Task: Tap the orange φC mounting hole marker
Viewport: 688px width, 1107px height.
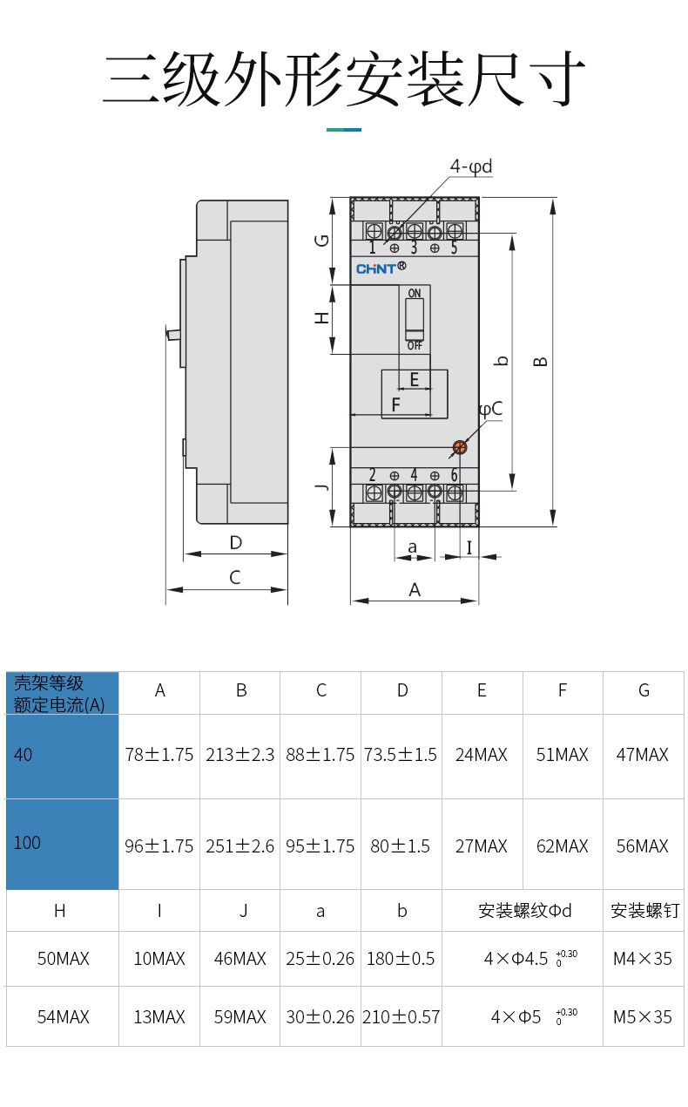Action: [459, 447]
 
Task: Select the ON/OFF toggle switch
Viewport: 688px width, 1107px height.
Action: [415, 319]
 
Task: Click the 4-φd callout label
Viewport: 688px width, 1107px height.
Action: [470, 166]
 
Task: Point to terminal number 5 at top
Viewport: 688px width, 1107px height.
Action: [454, 248]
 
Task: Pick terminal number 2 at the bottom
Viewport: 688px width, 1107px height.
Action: [372, 475]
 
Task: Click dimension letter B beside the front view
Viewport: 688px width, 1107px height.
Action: [541, 360]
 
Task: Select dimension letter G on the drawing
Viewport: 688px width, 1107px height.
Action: [322, 239]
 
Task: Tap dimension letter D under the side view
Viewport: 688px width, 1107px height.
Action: [235, 542]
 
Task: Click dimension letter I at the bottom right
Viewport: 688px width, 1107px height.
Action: [469, 547]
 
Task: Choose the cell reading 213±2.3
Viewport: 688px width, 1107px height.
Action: [239, 755]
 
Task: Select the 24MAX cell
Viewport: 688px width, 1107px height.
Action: [482, 755]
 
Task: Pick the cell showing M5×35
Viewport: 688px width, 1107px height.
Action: [643, 1016]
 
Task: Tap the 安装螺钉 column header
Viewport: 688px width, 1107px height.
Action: [644, 911]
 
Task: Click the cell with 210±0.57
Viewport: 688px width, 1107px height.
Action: [401, 1016]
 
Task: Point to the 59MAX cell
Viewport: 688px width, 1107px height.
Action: [239, 1016]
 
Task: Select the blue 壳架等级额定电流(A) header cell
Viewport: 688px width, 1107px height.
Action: [62, 694]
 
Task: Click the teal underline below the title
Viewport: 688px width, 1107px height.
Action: [344, 130]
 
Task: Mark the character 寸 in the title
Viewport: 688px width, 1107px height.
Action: [555, 78]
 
